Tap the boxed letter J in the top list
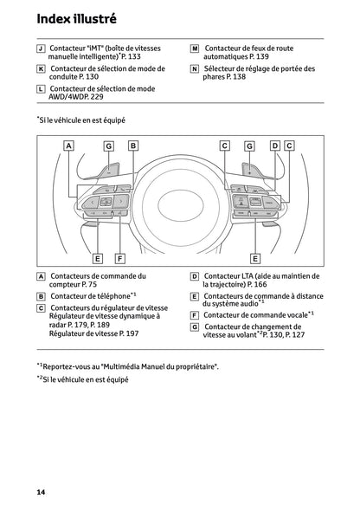pos(41,50)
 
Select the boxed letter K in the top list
pos(41,68)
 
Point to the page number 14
pos(41,492)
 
